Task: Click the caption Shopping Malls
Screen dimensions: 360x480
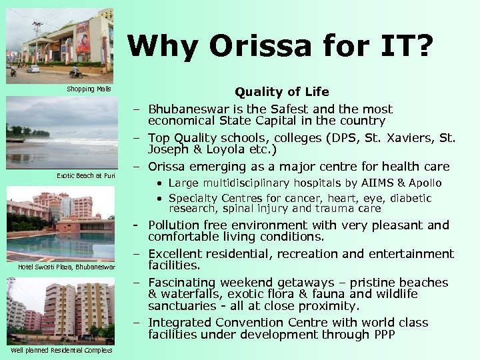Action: point(89,89)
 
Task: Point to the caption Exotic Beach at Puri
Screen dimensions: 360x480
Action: point(86,175)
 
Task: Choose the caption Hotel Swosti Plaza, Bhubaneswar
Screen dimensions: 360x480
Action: point(66,267)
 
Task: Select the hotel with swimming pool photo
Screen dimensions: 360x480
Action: point(60,223)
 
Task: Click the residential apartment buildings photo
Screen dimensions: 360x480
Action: point(60,309)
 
